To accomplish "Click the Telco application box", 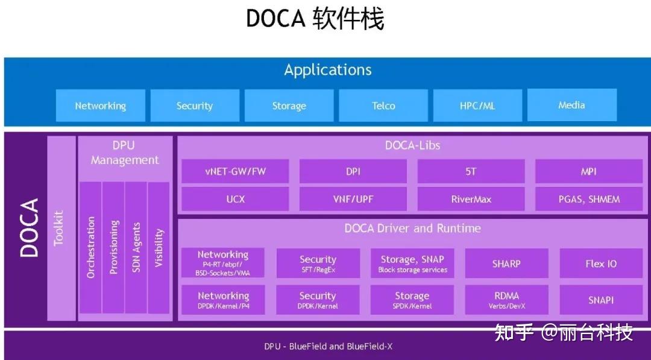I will coord(383,106).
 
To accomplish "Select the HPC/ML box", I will coord(477,106).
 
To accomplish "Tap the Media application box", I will coord(571,105).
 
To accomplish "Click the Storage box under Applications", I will coord(289,106).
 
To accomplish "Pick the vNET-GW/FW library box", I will coord(235,171).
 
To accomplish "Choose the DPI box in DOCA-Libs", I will coord(353,171).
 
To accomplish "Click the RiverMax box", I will coord(471,199).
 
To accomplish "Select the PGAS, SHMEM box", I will coord(589,199).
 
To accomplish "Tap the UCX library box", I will coord(235,199).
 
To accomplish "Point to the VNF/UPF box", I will coord(353,199).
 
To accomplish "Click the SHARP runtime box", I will coord(506,264).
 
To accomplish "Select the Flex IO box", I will coord(601,264).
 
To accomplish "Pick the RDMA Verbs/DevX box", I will coord(506,300).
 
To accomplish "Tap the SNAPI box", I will coord(601,300).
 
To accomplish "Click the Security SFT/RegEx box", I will coord(318,264).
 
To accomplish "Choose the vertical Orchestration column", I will coord(90,247).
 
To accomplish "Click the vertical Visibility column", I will coord(159,247).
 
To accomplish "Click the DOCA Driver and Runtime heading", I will coord(412,229).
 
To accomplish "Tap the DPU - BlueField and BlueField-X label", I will coord(328,347).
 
